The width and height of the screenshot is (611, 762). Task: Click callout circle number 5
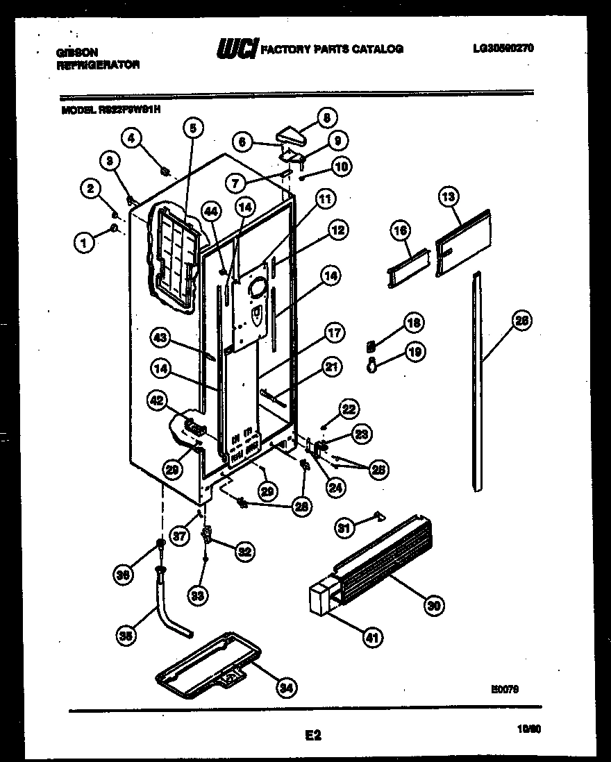coord(193,128)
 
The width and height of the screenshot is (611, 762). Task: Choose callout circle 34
coord(285,687)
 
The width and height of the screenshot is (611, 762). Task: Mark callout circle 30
coord(433,605)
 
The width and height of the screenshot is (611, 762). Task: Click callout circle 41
coord(372,637)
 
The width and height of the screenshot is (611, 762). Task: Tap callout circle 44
coord(213,209)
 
